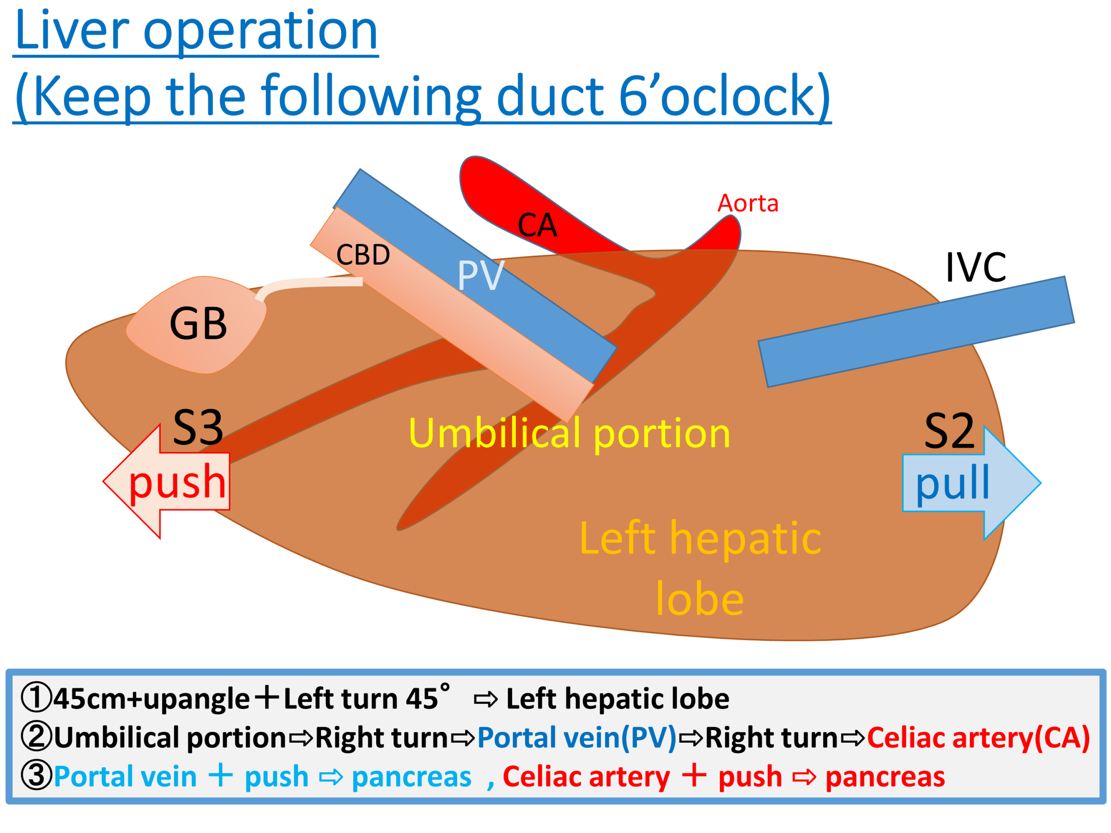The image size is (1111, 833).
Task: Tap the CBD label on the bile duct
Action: pos(363,255)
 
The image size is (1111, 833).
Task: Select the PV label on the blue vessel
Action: pos(480,275)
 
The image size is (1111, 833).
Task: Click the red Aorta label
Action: pos(747,203)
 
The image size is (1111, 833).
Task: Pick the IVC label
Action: pos(976,267)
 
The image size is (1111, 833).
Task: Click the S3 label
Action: pos(198,427)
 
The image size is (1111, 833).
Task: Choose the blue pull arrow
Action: pos(970,483)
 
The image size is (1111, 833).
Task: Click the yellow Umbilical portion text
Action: pos(569,433)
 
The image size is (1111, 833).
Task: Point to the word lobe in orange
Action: pos(699,599)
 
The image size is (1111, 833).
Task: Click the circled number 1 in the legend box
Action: pos(36,699)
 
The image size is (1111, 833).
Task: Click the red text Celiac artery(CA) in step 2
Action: pos(978,738)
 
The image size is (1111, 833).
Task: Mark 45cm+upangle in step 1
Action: pos(151,699)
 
